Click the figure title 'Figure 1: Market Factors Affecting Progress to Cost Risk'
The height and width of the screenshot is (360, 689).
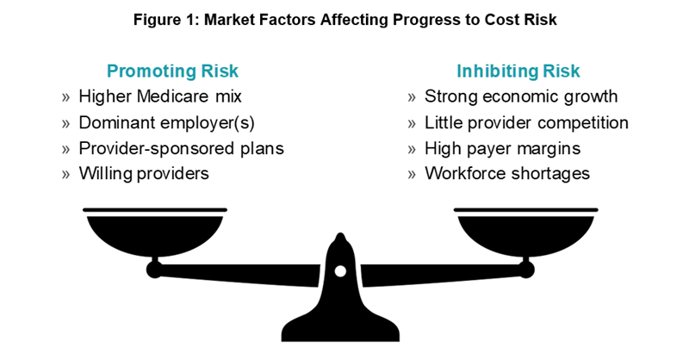pos(345,20)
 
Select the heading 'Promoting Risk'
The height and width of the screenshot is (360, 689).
pos(172,71)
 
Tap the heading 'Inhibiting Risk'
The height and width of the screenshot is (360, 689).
pos(518,71)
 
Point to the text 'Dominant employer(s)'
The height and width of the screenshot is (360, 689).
pos(166,123)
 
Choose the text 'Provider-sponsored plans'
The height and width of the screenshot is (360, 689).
pos(181,149)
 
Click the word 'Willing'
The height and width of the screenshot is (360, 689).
pos(105,174)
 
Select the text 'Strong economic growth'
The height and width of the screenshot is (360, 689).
pos(521,96)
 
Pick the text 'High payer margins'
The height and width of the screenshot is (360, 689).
pos(502,149)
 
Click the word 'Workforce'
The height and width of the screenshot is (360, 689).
pos(465,174)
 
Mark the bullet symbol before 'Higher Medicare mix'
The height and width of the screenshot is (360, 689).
pos(66,97)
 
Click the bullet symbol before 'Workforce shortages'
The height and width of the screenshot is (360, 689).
pos(412,175)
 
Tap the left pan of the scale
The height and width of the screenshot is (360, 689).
pos(155,233)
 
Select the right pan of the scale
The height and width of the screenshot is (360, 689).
pos(525,233)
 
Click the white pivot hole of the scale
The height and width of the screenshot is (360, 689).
pos(340,271)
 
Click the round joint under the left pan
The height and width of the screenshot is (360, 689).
pos(154,269)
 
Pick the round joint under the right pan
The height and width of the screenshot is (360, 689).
pos(526,269)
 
